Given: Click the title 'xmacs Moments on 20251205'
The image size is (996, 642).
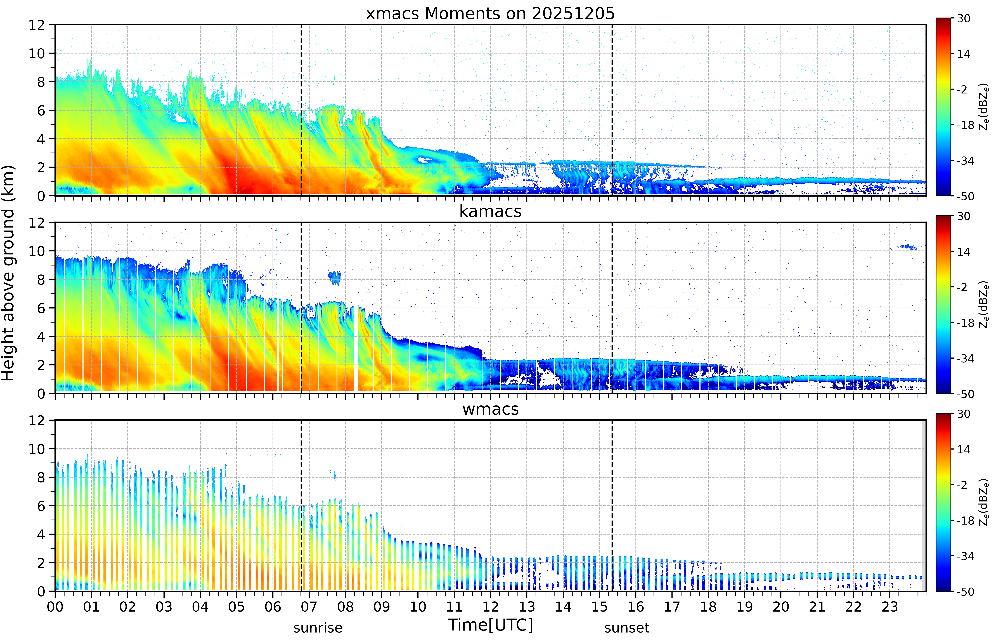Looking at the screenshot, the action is [490, 14].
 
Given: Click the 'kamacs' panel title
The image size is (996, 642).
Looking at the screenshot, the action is [490, 211].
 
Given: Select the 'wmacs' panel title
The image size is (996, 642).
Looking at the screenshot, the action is [490, 409].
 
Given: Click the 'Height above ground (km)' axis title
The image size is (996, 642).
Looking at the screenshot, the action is [8, 273].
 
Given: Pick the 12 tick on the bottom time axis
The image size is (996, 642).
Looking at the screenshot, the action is [491, 607].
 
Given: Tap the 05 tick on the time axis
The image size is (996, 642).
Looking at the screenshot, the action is [237, 607].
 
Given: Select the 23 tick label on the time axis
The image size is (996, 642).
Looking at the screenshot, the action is [890, 607].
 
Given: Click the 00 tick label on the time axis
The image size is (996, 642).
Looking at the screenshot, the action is [55, 607].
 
